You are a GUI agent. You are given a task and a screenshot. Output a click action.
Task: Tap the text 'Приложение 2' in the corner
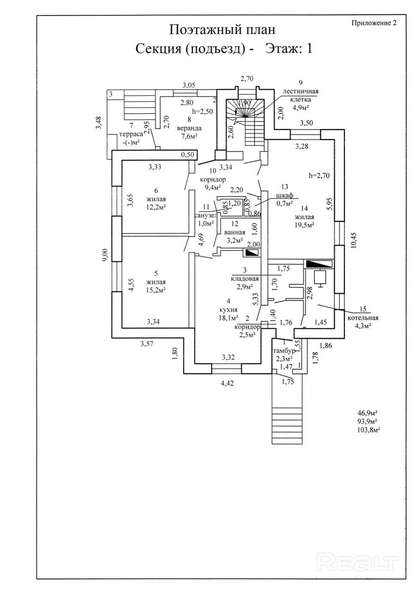pyautogui.click(x=373, y=23)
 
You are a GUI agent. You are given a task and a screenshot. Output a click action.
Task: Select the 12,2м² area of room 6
pyautogui.click(x=156, y=207)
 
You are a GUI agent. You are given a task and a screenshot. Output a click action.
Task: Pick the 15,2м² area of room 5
pyautogui.click(x=156, y=290)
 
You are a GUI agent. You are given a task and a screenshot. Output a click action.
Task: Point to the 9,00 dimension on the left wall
pyautogui.click(x=106, y=255)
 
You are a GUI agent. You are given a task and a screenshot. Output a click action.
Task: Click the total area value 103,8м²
pyautogui.click(x=369, y=430)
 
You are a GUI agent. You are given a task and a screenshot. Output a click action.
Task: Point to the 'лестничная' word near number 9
pyautogui.click(x=300, y=91)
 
